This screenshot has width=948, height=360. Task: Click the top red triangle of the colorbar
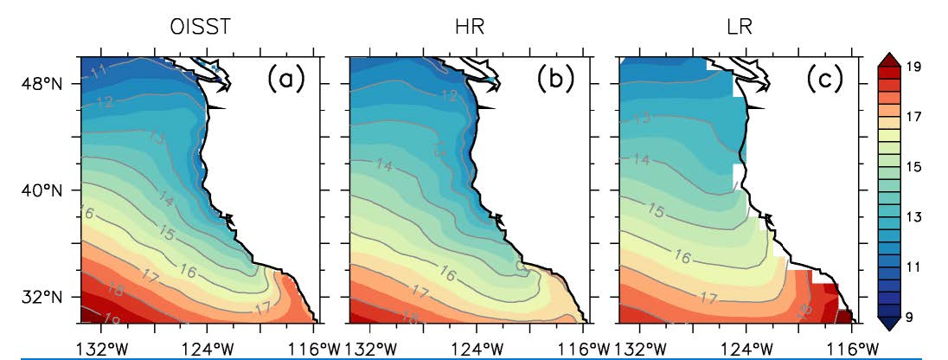(x=892, y=60)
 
